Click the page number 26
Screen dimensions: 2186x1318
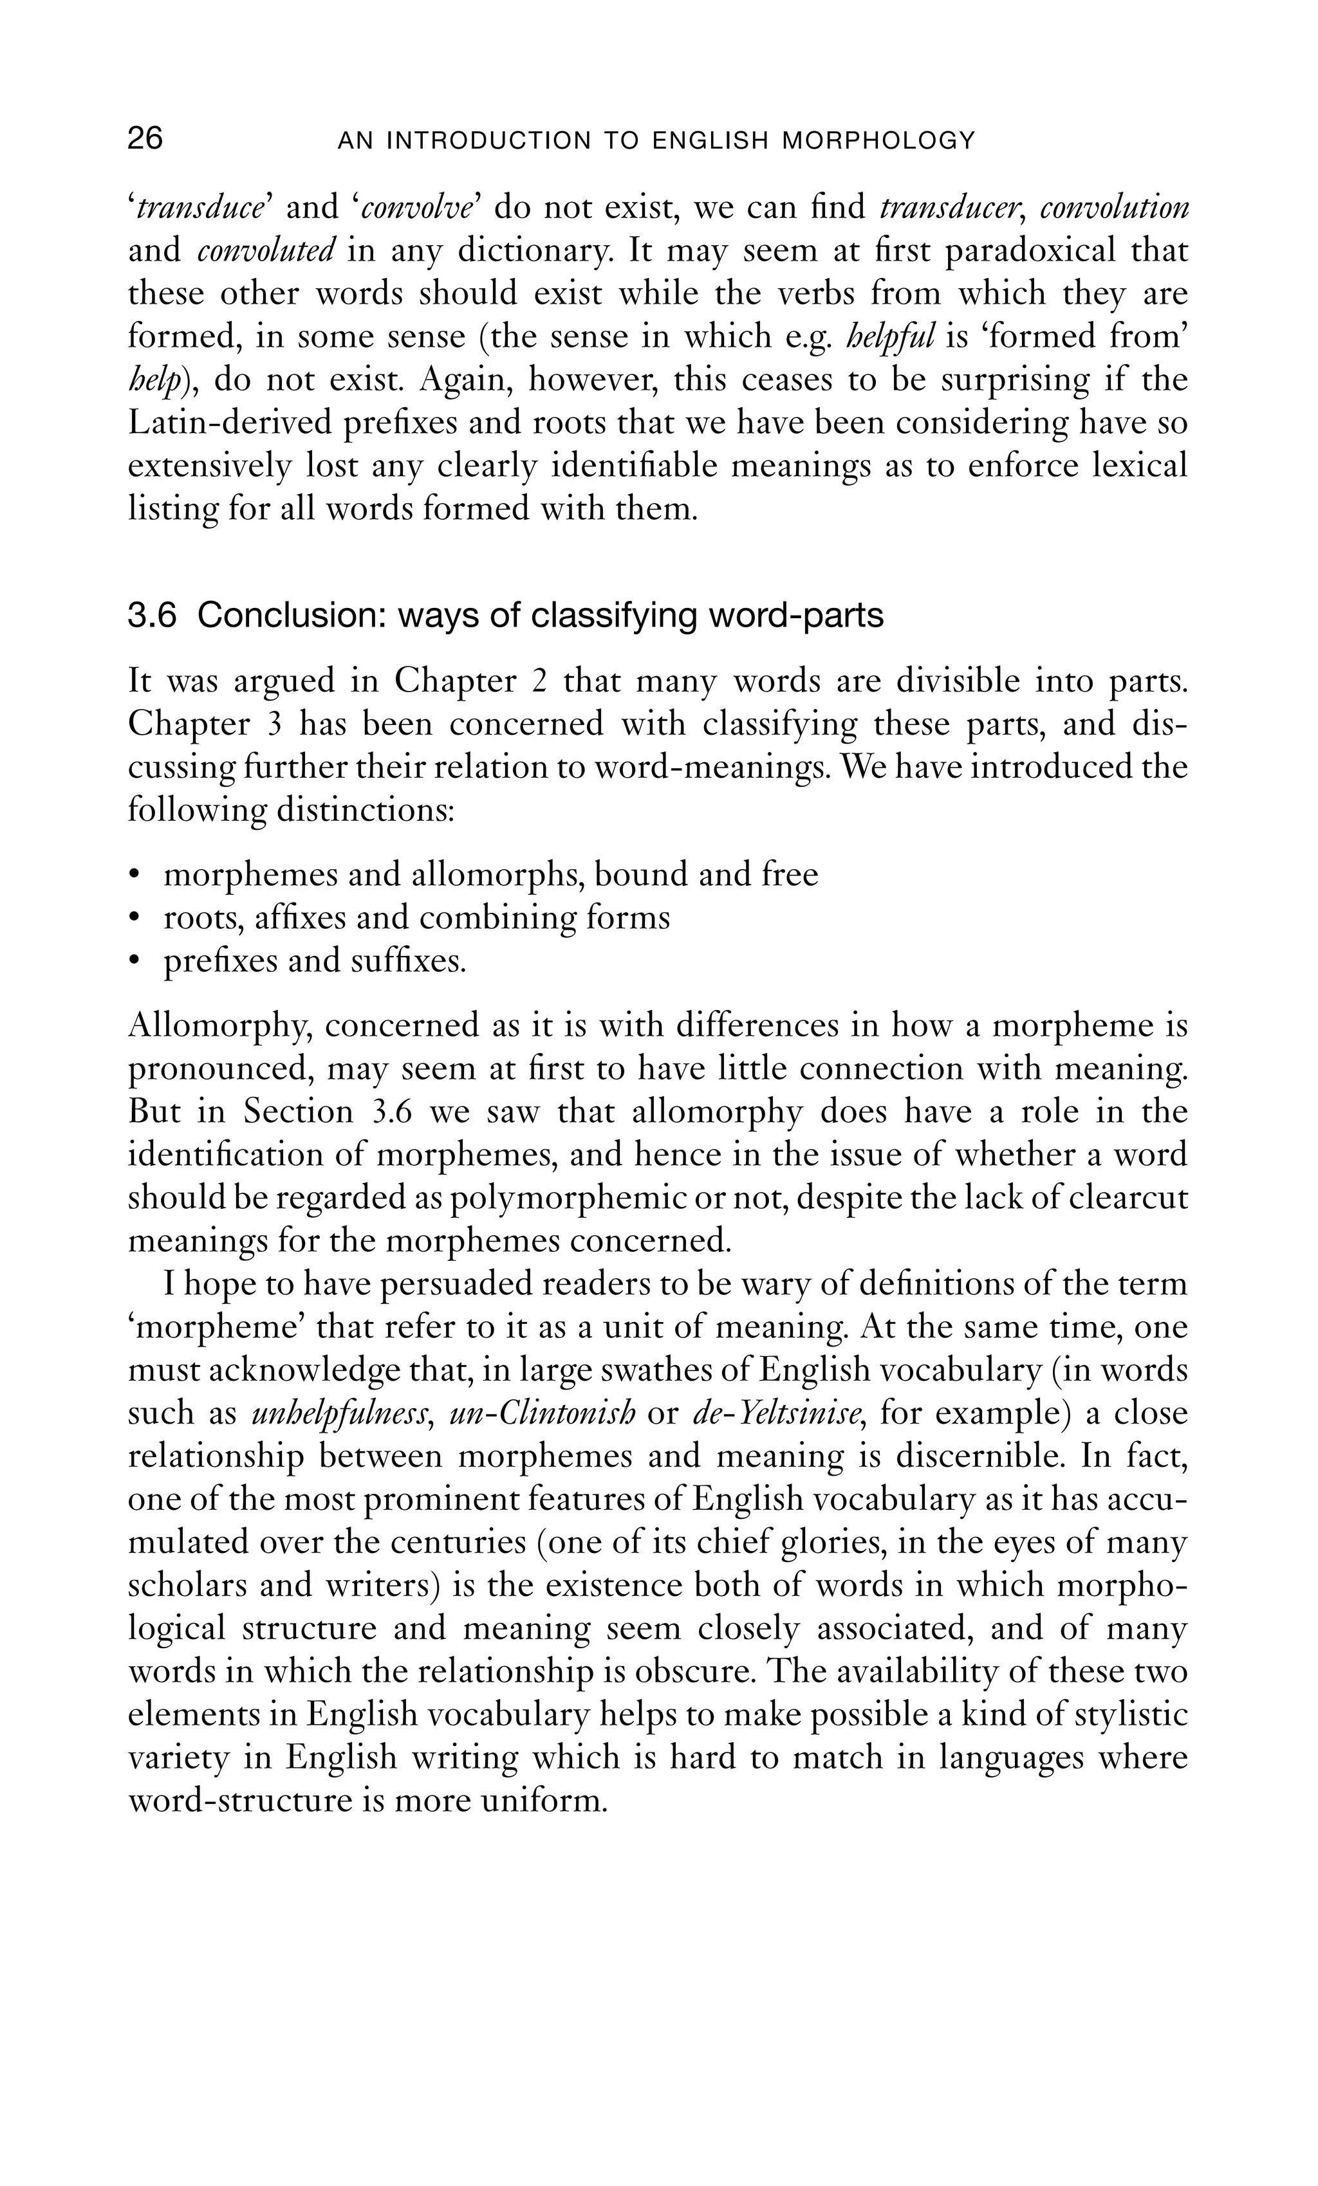point(145,140)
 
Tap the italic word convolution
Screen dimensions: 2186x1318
point(1114,208)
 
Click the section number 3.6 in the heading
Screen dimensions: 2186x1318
point(152,616)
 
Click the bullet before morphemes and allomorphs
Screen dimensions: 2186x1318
point(135,876)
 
